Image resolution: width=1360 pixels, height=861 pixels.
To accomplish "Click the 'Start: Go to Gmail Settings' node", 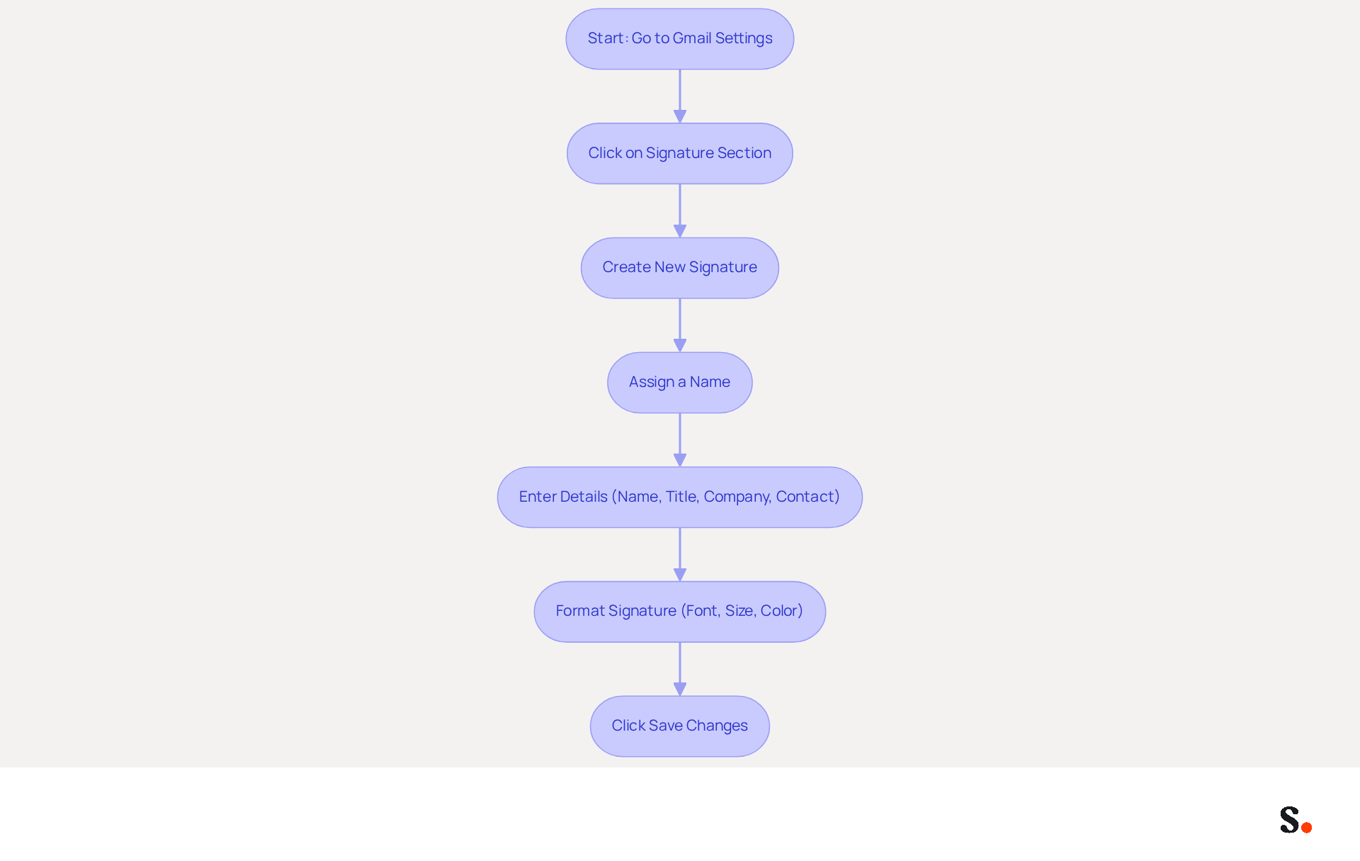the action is pyautogui.click(x=680, y=39).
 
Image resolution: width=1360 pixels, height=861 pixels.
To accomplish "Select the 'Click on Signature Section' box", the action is pyautogui.click(x=680, y=154).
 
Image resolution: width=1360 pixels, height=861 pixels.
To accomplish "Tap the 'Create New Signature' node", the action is pyautogui.click(x=680, y=268).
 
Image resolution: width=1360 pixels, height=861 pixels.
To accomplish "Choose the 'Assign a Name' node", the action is pyautogui.click(x=680, y=383).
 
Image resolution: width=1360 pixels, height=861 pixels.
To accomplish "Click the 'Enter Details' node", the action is pyautogui.click(x=680, y=497).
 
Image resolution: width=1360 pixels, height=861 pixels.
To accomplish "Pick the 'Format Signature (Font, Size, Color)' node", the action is pyautogui.click(x=680, y=612).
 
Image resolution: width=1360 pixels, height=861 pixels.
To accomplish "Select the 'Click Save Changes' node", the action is pyautogui.click(x=680, y=726).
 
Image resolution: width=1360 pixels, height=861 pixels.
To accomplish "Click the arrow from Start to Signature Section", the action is pyautogui.click(x=680, y=96).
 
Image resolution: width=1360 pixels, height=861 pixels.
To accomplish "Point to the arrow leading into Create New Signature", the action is pyautogui.click(x=680, y=211).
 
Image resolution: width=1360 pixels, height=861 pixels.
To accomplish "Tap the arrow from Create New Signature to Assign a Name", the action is pyautogui.click(x=680, y=325).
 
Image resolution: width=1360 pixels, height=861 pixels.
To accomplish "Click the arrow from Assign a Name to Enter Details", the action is pyautogui.click(x=680, y=440).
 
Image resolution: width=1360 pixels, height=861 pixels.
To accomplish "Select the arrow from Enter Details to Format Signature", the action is pyautogui.click(x=680, y=555).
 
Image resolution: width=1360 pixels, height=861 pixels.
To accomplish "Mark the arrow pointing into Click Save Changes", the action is pyautogui.click(x=680, y=669).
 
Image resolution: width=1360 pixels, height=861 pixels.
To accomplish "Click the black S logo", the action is pyautogui.click(x=1290, y=820).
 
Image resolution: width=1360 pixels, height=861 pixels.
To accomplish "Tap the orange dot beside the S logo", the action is pyautogui.click(x=1307, y=827).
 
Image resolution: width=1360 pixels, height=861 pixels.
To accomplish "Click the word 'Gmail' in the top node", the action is pyautogui.click(x=692, y=38).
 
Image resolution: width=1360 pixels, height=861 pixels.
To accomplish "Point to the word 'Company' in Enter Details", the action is pyautogui.click(x=737, y=497).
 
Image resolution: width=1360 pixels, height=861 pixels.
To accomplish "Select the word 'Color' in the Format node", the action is pyautogui.click(x=779, y=611).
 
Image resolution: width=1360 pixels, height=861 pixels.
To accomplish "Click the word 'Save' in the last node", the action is pyautogui.click(x=666, y=726).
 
